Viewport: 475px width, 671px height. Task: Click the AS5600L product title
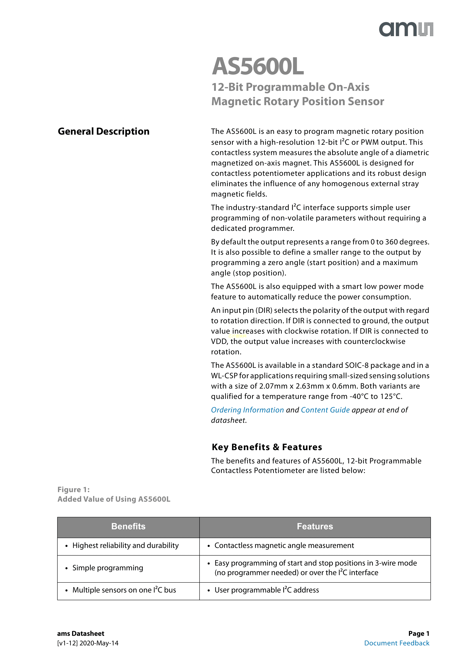(258, 67)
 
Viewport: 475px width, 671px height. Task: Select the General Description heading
(104, 132)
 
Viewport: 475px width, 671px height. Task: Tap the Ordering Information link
(247, 410)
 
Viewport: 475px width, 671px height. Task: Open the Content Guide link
(325, 410)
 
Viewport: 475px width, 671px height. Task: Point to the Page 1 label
(419, 633)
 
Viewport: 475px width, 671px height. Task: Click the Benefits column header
(128, 526)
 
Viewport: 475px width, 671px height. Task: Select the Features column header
(315, 526)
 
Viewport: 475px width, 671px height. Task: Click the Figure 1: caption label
(74, 490)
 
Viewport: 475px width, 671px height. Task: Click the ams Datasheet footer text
(81, 633)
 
